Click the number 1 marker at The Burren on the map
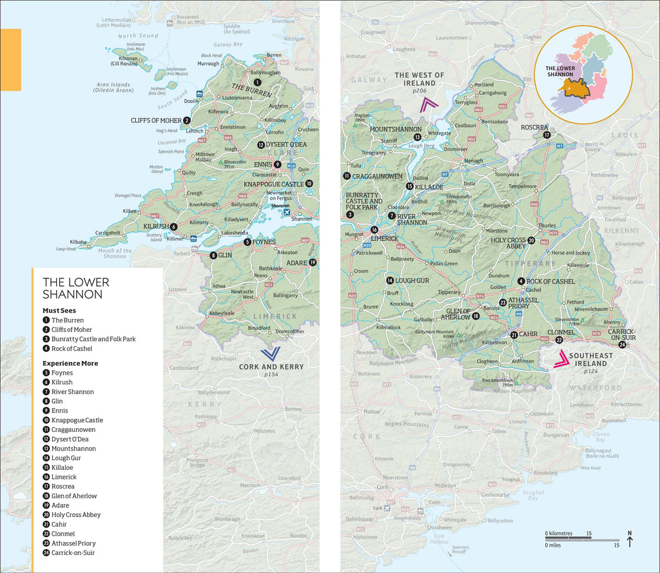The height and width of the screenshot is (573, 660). (x=257, y=82)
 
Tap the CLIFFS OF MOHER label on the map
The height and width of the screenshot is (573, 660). (x=156, y=121)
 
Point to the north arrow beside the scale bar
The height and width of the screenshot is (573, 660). (x=630, y=539)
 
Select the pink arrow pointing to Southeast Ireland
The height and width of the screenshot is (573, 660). (x=561, y=359)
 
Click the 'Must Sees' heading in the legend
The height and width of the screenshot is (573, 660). (x=59, y=311)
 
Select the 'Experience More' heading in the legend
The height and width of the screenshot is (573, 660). (x=70, y=364)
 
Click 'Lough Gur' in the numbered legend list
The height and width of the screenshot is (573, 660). (x=66, y=458)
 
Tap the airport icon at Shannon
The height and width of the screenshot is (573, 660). (x=286, y=212)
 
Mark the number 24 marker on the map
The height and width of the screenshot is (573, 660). (x=622, y=345)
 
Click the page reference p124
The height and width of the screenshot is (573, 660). (x=591, y=371)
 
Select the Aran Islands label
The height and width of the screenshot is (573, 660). (x=113, y=87)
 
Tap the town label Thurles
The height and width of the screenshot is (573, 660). (x=547, y=226)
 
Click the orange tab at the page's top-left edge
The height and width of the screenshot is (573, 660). (x=10, y=59)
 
